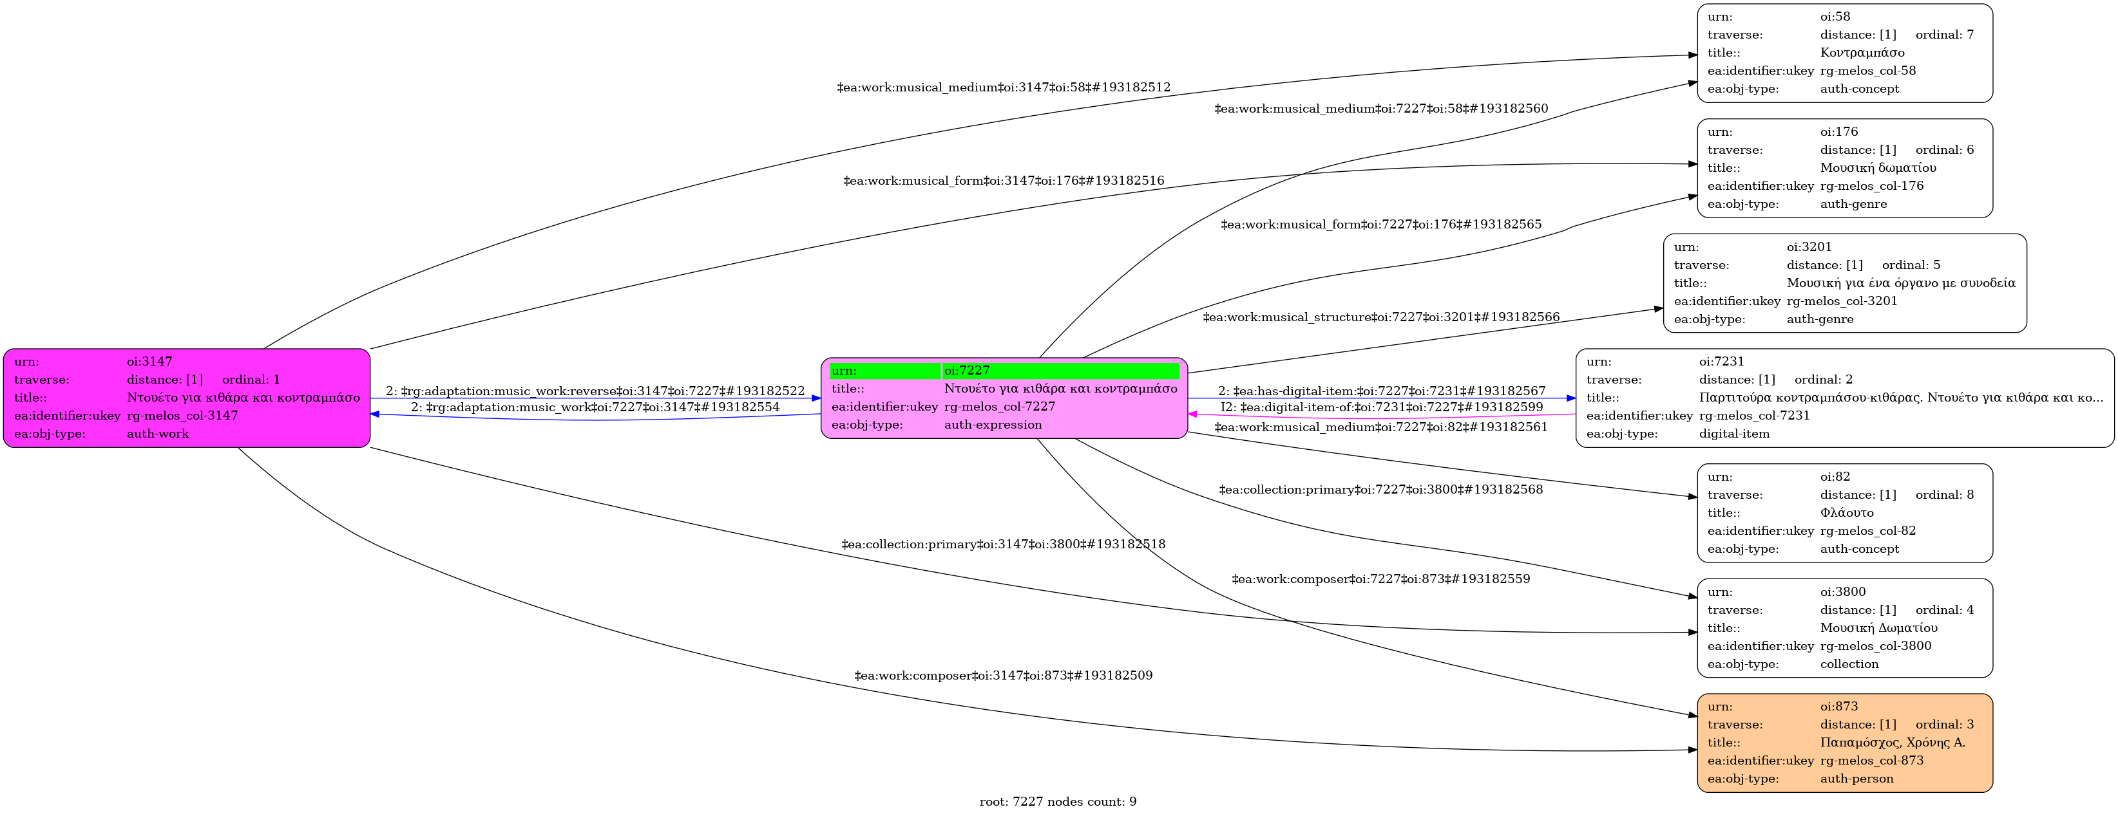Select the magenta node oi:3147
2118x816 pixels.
pos(187,398)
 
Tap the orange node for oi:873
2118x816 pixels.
pos(1844,743)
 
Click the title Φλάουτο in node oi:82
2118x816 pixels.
pos(1847,513)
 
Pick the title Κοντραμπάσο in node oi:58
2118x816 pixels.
pos(1862,53)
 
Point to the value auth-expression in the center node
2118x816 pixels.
pos(993,425)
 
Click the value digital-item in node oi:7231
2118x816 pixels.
pos(1734,434)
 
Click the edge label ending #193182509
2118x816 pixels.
pos(1003,676)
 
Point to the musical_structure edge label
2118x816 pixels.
pos(1380,317)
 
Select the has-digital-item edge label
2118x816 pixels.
pos(1381,391)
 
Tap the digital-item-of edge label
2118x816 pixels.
pos(1381,407)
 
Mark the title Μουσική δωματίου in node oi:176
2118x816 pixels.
pos(1878,167)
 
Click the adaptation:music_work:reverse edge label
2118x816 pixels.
pos(595,391)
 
